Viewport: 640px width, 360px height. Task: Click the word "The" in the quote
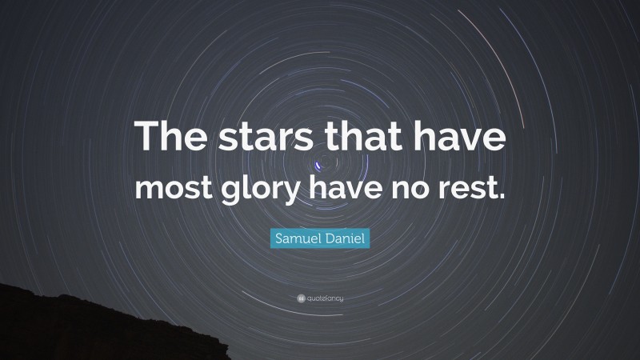pos(170,137)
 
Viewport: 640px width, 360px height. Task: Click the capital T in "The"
pos(146,137)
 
